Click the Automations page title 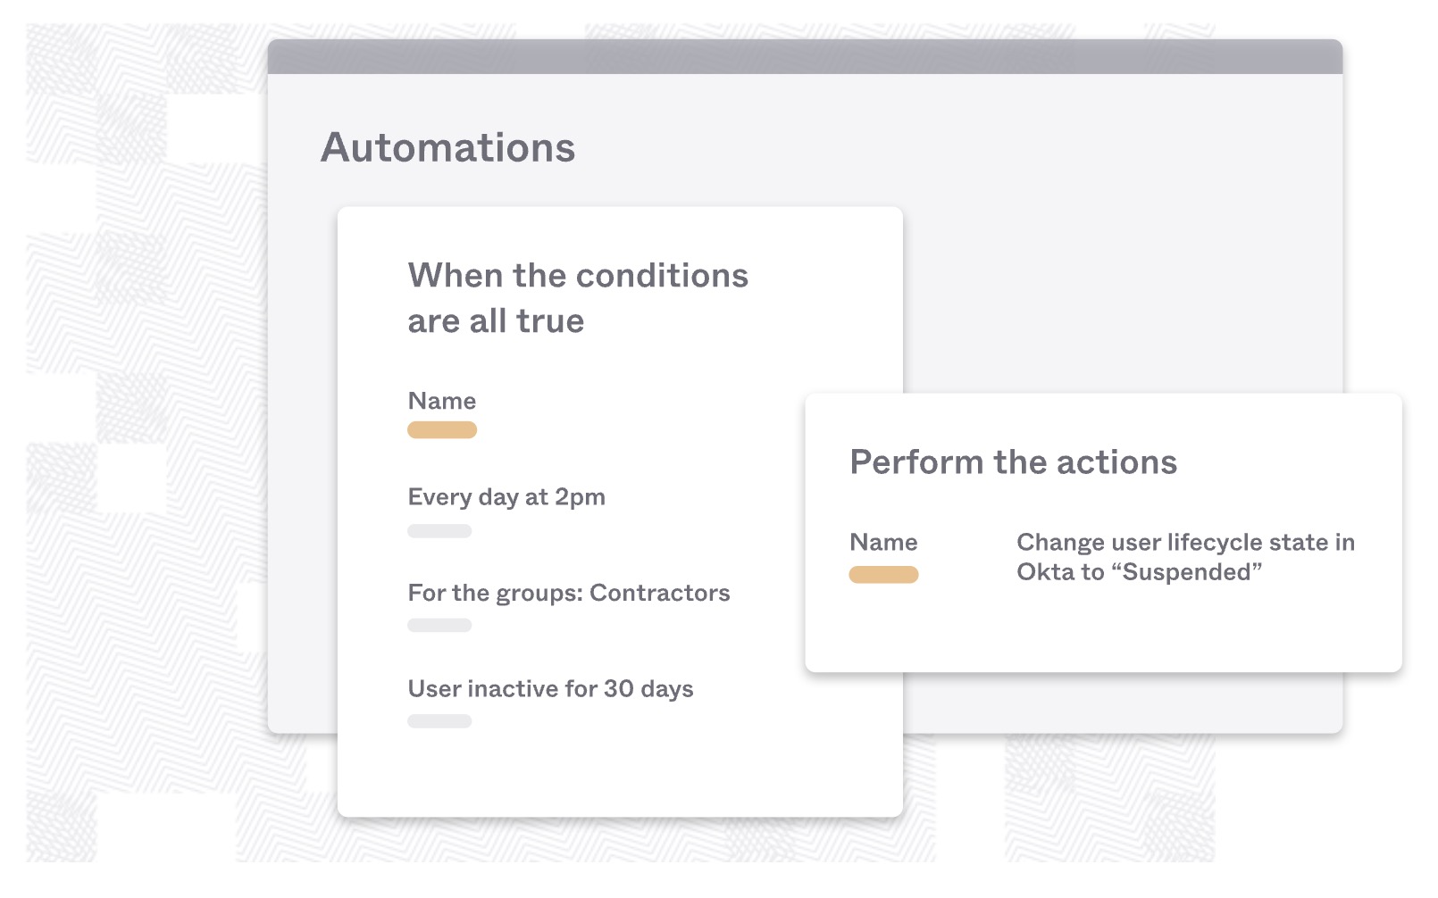pos(448,147)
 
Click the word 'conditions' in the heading pos(662,276)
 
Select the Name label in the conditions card pos(442,401)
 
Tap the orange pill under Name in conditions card pos(442,429)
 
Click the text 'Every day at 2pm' pos(506,497)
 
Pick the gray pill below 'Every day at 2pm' pos(439,531)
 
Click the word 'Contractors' pos(660,593)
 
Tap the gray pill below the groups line pos(439,626)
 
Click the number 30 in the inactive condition pos(619,689)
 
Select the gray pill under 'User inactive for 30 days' pos(439,721)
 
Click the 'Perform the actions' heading pos(1014,461)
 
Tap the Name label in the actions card pos(884,543)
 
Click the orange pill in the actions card pos(884,575)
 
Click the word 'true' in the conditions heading pos(550,320)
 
